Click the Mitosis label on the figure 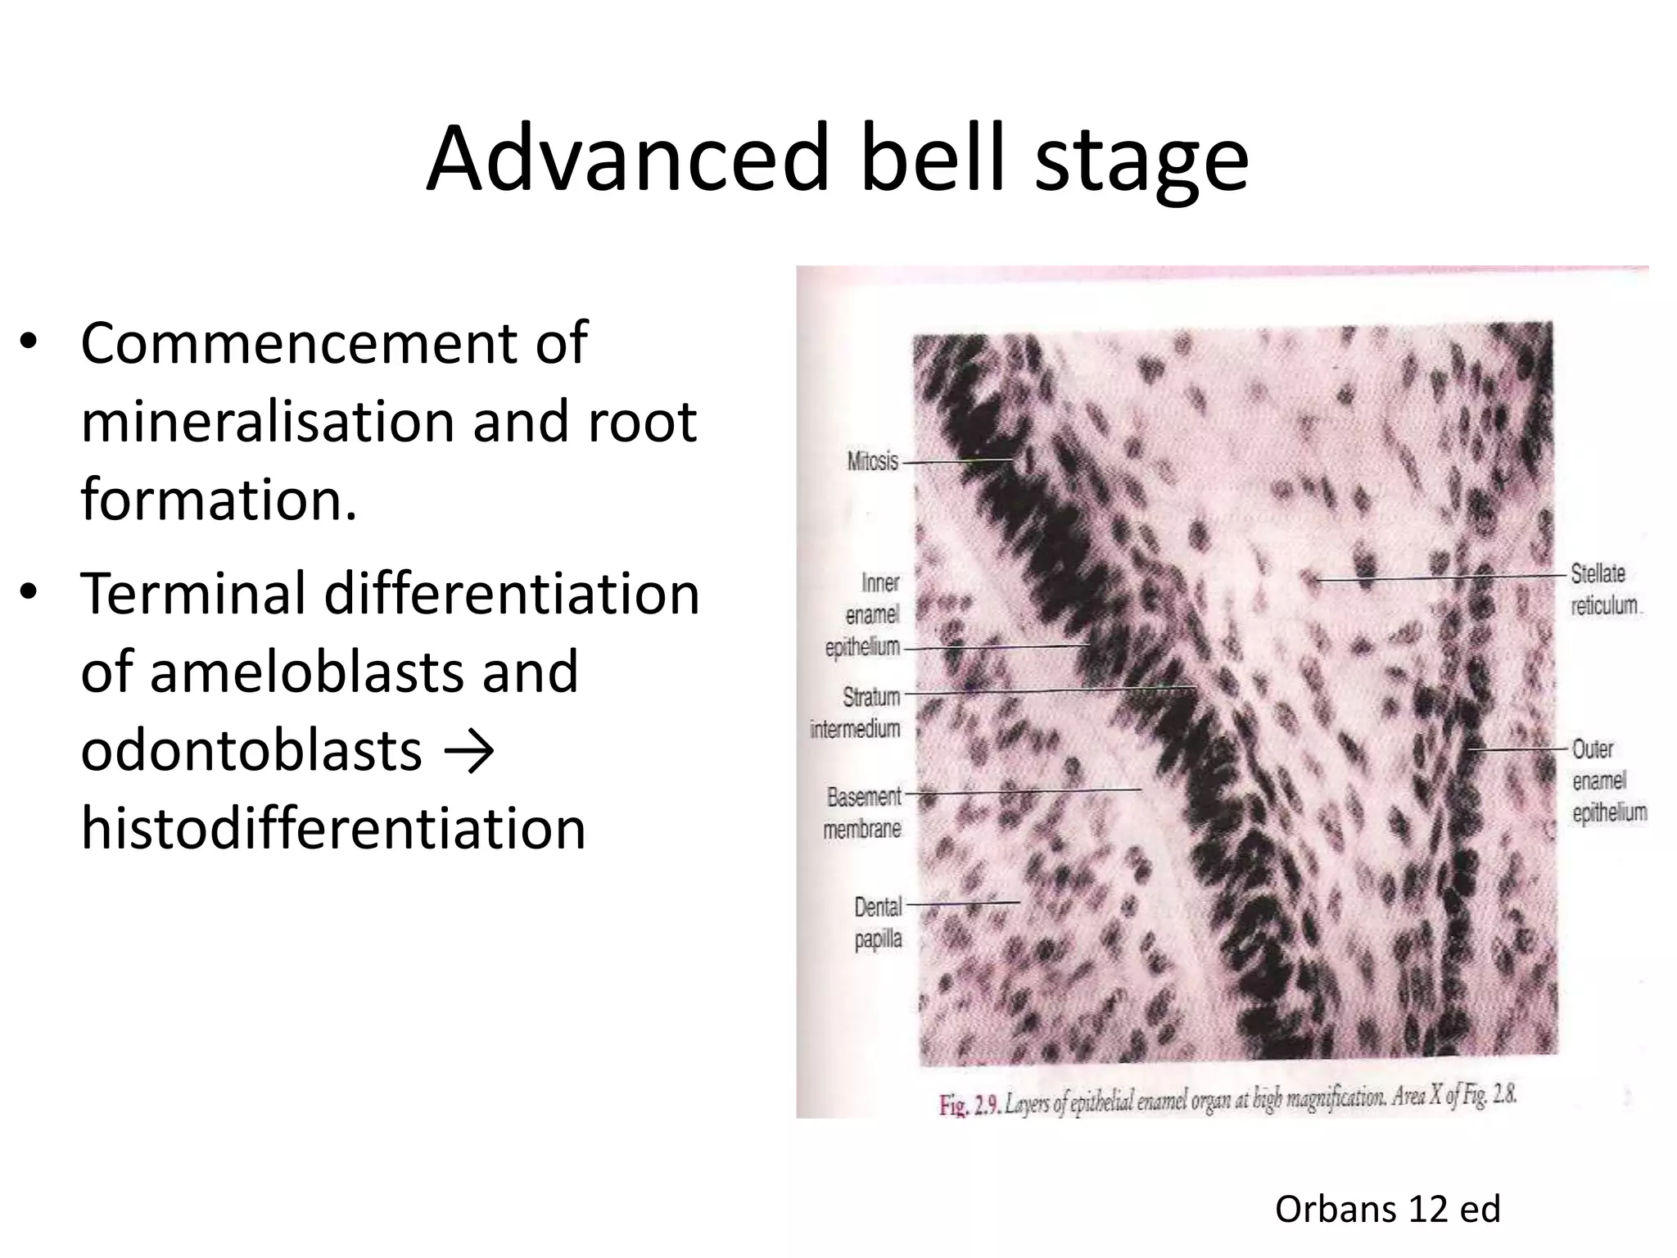coord(873,462)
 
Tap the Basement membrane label coord(863,812)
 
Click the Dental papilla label coord(878,922)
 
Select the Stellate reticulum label coord(1603,589)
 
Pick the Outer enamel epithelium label coord(1608,781)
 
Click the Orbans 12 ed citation coord(1387,1209)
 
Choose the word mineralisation coord(267,421)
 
